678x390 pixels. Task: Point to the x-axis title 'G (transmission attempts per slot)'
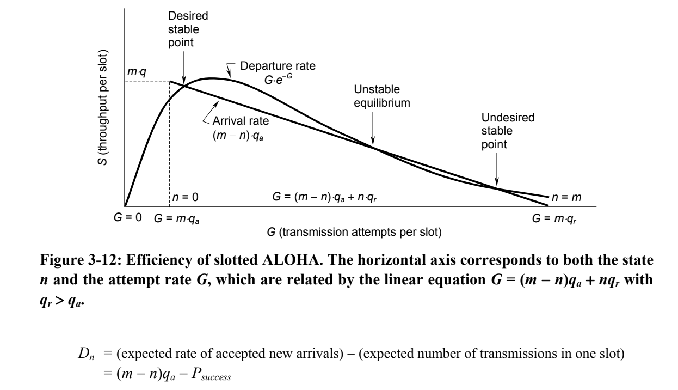click(x=354, y=232)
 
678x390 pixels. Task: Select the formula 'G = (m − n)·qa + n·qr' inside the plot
click(x=325, y=197)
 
